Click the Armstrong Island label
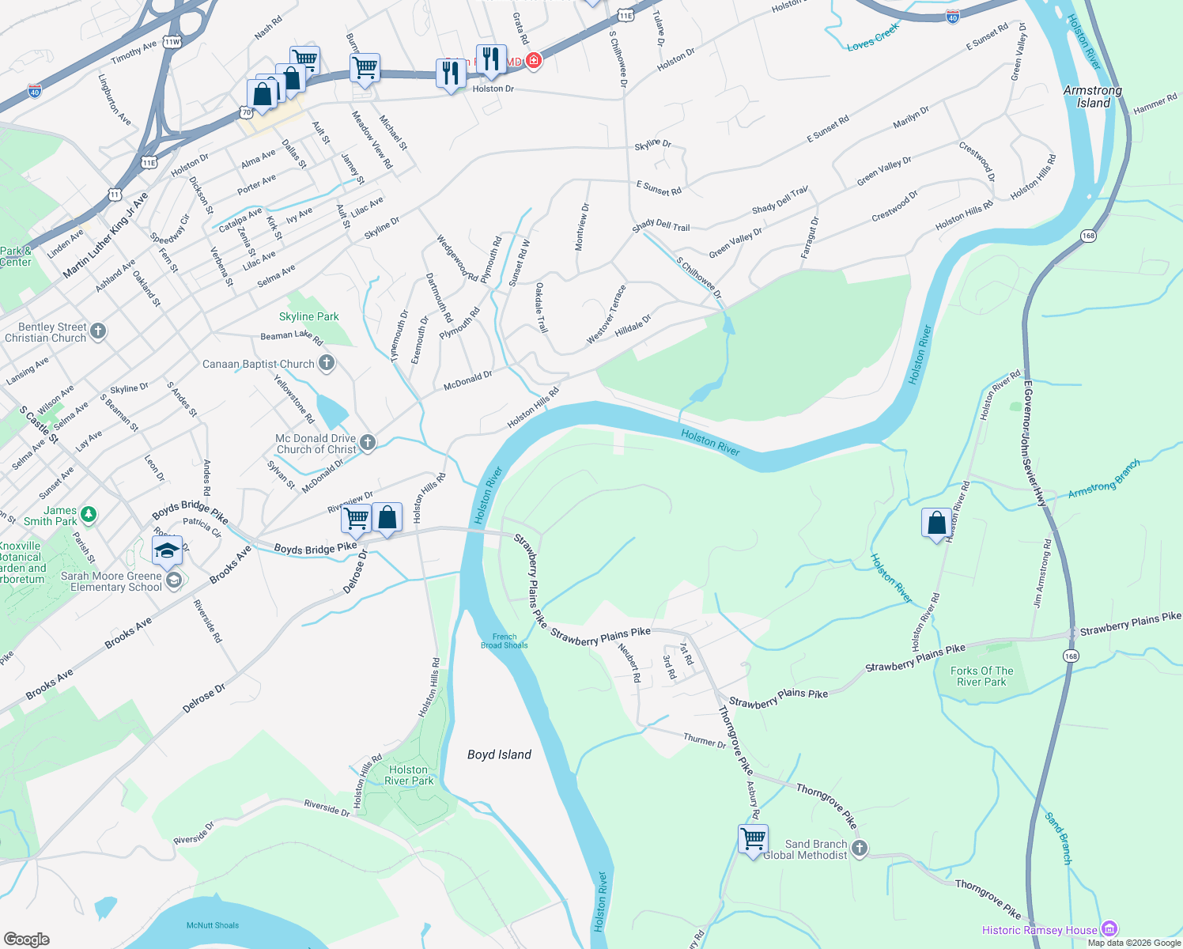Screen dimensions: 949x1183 (x=1093, y=96)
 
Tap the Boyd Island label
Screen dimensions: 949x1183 (x=499, y=754)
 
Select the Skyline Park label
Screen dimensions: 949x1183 (x=308, y=316)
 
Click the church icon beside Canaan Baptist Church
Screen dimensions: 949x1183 (x=326, y=364)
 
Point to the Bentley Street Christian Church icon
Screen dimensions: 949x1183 (x=98, y=331)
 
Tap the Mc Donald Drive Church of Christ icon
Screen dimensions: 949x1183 (x=368, y=443)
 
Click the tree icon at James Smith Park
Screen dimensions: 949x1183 (x=89, y=515)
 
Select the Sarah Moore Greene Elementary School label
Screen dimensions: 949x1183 (x=111, y=581)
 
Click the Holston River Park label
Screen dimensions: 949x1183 (x=409, y=775)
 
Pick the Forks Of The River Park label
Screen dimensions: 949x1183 (x=981, y=676)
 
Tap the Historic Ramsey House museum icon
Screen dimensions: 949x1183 (x=1109, y=929)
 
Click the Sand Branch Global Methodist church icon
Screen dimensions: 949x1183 (x=860, y=849)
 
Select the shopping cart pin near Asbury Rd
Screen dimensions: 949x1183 (x=754, y=838)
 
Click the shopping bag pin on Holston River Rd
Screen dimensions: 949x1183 (x=936, y=524)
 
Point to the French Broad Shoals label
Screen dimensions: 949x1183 (x=504, y=641)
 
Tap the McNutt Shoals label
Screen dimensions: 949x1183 (x=213, y=925)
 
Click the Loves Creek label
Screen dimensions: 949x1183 (x=873, y=37)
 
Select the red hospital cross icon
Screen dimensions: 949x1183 (x=534, y=60)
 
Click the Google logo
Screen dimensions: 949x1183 (x=27, y=940)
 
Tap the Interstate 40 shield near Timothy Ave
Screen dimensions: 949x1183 (x=34, y=92)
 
